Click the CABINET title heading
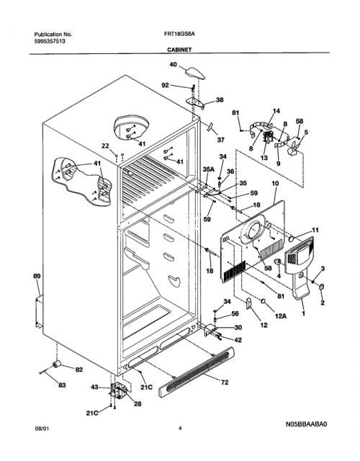[179, 50]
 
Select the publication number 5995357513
[50, 42]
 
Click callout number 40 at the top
[174, 64]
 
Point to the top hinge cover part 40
[195, 73]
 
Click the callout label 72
[225, 382]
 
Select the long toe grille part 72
[197, 372]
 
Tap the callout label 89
[37, 276]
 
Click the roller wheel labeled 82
[56, 364]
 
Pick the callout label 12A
[281, 316]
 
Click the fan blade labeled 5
[294, 147]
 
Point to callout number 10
[275, 184]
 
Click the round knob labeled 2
[321, 286]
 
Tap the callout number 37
[220, 140]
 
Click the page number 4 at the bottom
[180, 429]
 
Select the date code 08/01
[42, 429]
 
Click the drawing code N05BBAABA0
[306, 424]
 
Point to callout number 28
[138, 404]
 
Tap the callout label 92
[166, 85]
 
